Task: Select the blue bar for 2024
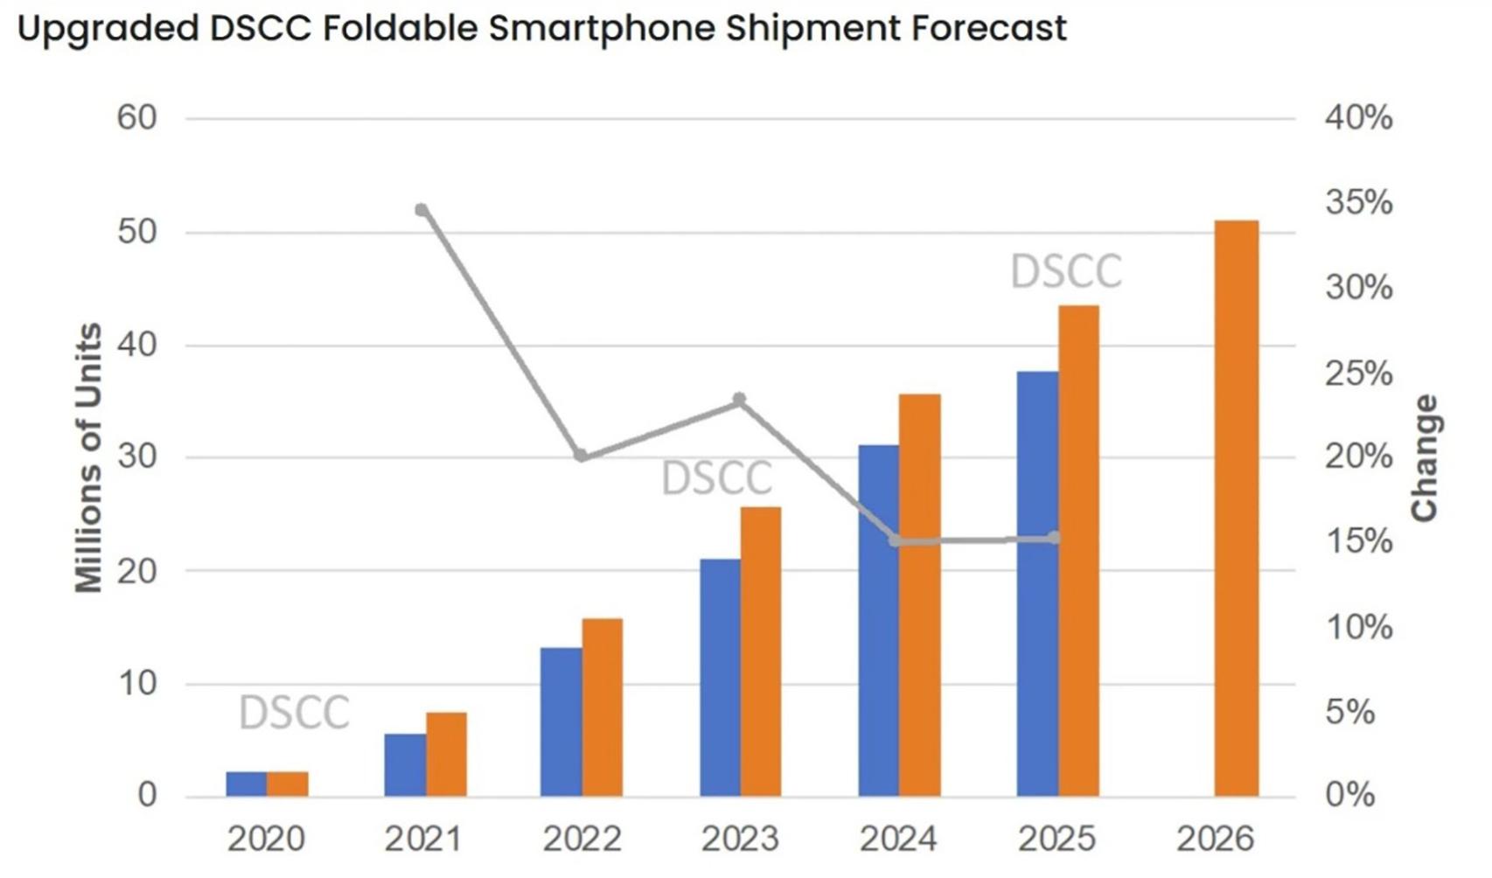coord(879,621)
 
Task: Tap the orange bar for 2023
coord(760,652)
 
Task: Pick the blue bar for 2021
coord(405,765)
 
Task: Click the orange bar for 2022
coord(603,707)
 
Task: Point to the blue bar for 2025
coord(1037,584)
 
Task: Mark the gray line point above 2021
coord(422,210)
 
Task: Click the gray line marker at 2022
coord(582,456)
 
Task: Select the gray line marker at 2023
coord(740,400)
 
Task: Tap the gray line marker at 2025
coord(1055,538)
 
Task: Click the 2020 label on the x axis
coord(266,840)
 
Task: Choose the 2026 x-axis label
coord(1215,840)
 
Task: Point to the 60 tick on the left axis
coord(136,118)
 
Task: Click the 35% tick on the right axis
coord(1358,203)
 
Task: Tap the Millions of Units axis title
coord(88,457)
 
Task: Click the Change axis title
coord(1425,457)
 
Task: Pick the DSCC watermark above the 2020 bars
coord(294,712)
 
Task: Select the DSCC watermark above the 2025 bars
coord(1065,271)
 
